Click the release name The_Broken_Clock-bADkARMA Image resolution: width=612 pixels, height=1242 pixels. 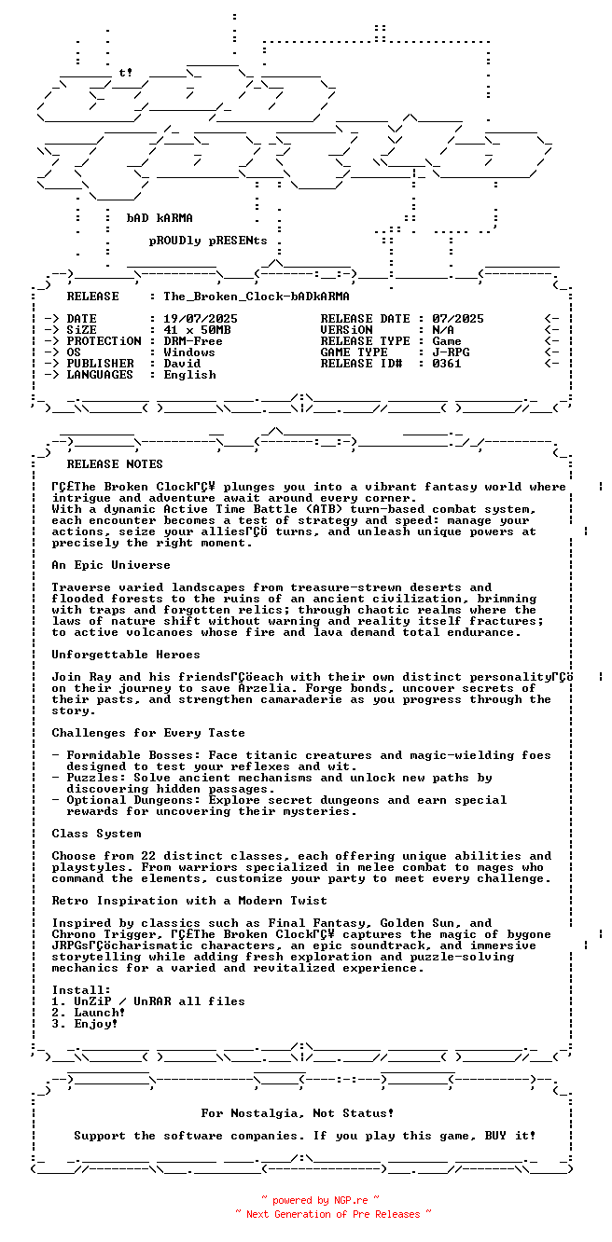click(257, 297)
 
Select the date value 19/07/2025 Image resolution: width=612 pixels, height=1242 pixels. click(201, 319)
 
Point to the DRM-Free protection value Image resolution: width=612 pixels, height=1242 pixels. click(193, 341)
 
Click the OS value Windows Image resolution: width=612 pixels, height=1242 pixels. click(189, 352)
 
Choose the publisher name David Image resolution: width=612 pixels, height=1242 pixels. click(182, 364)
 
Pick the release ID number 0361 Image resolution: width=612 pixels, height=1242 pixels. click(447, 364)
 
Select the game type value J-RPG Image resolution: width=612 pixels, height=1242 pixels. click(451, 352)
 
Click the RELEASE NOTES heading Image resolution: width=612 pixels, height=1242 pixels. click(115, 464)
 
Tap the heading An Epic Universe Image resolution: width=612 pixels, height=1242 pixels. click(111, 565)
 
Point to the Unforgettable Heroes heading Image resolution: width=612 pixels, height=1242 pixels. click(126, 655)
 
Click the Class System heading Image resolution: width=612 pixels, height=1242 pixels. click(96, 834)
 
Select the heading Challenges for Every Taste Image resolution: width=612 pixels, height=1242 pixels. click(148, 733)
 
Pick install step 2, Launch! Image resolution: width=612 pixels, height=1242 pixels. click(88, 1013)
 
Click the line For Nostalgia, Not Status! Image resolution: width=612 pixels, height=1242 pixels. click(298, 1113)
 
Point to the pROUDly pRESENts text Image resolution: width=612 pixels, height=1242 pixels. click(208, 241)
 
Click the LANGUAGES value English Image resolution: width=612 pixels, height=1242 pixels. click(189, 375)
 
